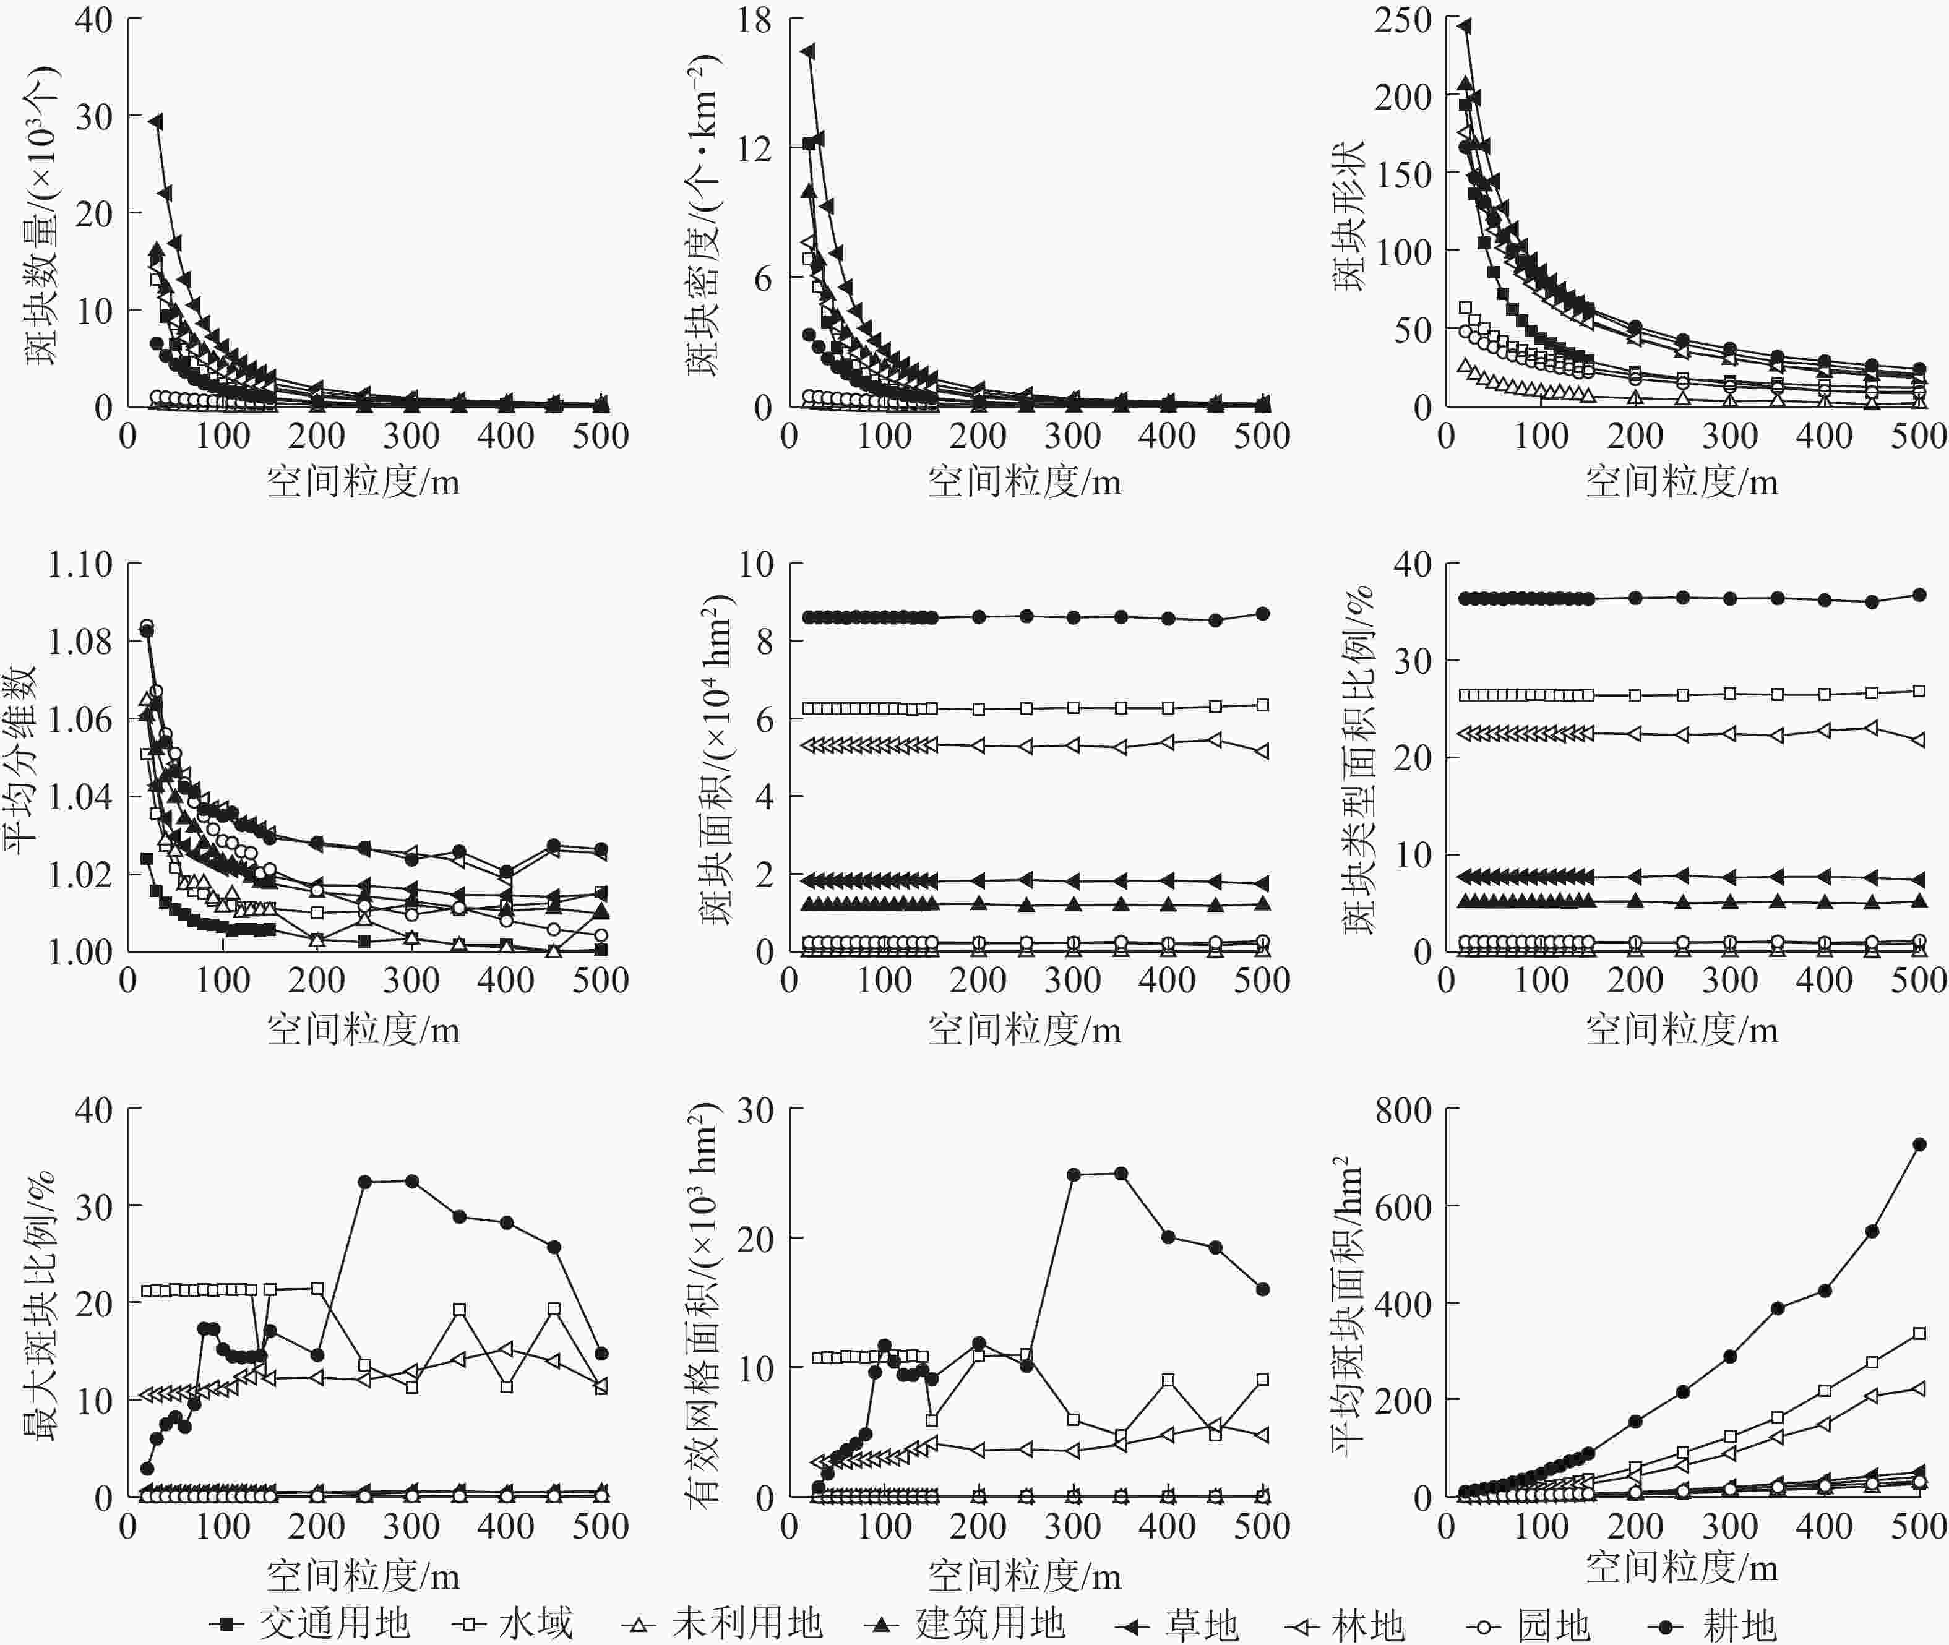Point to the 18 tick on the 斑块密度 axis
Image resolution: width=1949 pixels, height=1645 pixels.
coord(754,20)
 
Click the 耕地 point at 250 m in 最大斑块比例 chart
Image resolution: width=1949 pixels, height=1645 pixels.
coord(364,1182)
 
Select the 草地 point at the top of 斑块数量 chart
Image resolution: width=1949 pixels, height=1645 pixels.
coord(156,121)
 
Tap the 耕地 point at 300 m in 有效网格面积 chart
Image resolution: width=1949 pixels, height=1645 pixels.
coord(1073,1174)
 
